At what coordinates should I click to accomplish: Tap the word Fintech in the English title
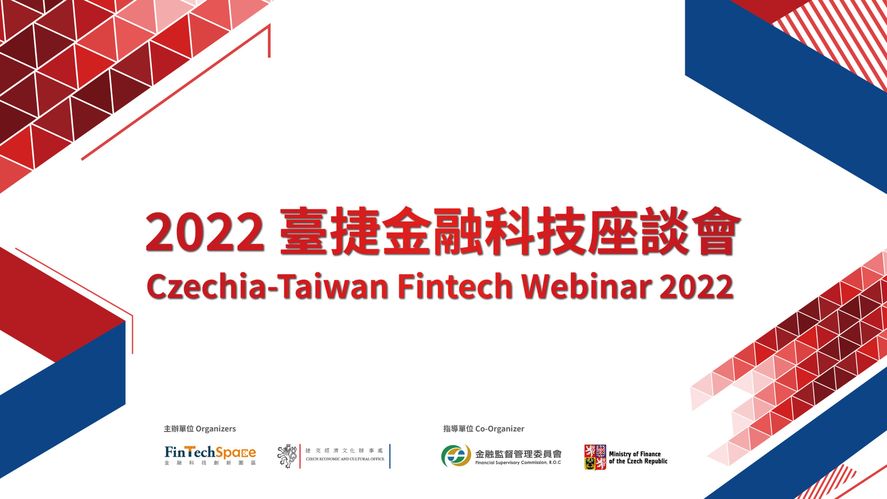455,286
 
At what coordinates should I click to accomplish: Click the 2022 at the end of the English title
696,286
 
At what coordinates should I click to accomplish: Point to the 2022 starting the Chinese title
205,232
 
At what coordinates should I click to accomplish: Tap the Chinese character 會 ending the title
716,231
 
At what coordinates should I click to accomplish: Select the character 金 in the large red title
407,231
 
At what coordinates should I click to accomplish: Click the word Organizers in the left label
216,429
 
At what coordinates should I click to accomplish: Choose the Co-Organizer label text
500,429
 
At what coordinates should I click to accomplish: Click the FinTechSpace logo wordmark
210,453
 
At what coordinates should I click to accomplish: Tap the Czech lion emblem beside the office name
287,456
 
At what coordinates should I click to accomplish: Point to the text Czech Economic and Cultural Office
345,459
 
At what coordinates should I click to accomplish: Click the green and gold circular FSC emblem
456,456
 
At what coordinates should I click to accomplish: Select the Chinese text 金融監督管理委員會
518,454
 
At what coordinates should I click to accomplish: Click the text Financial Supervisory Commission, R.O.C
518,463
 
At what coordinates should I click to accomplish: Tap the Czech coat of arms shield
595,457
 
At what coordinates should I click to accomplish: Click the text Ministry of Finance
635,454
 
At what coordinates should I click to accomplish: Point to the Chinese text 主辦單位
179,429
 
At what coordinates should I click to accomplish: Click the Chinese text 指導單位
458,429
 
